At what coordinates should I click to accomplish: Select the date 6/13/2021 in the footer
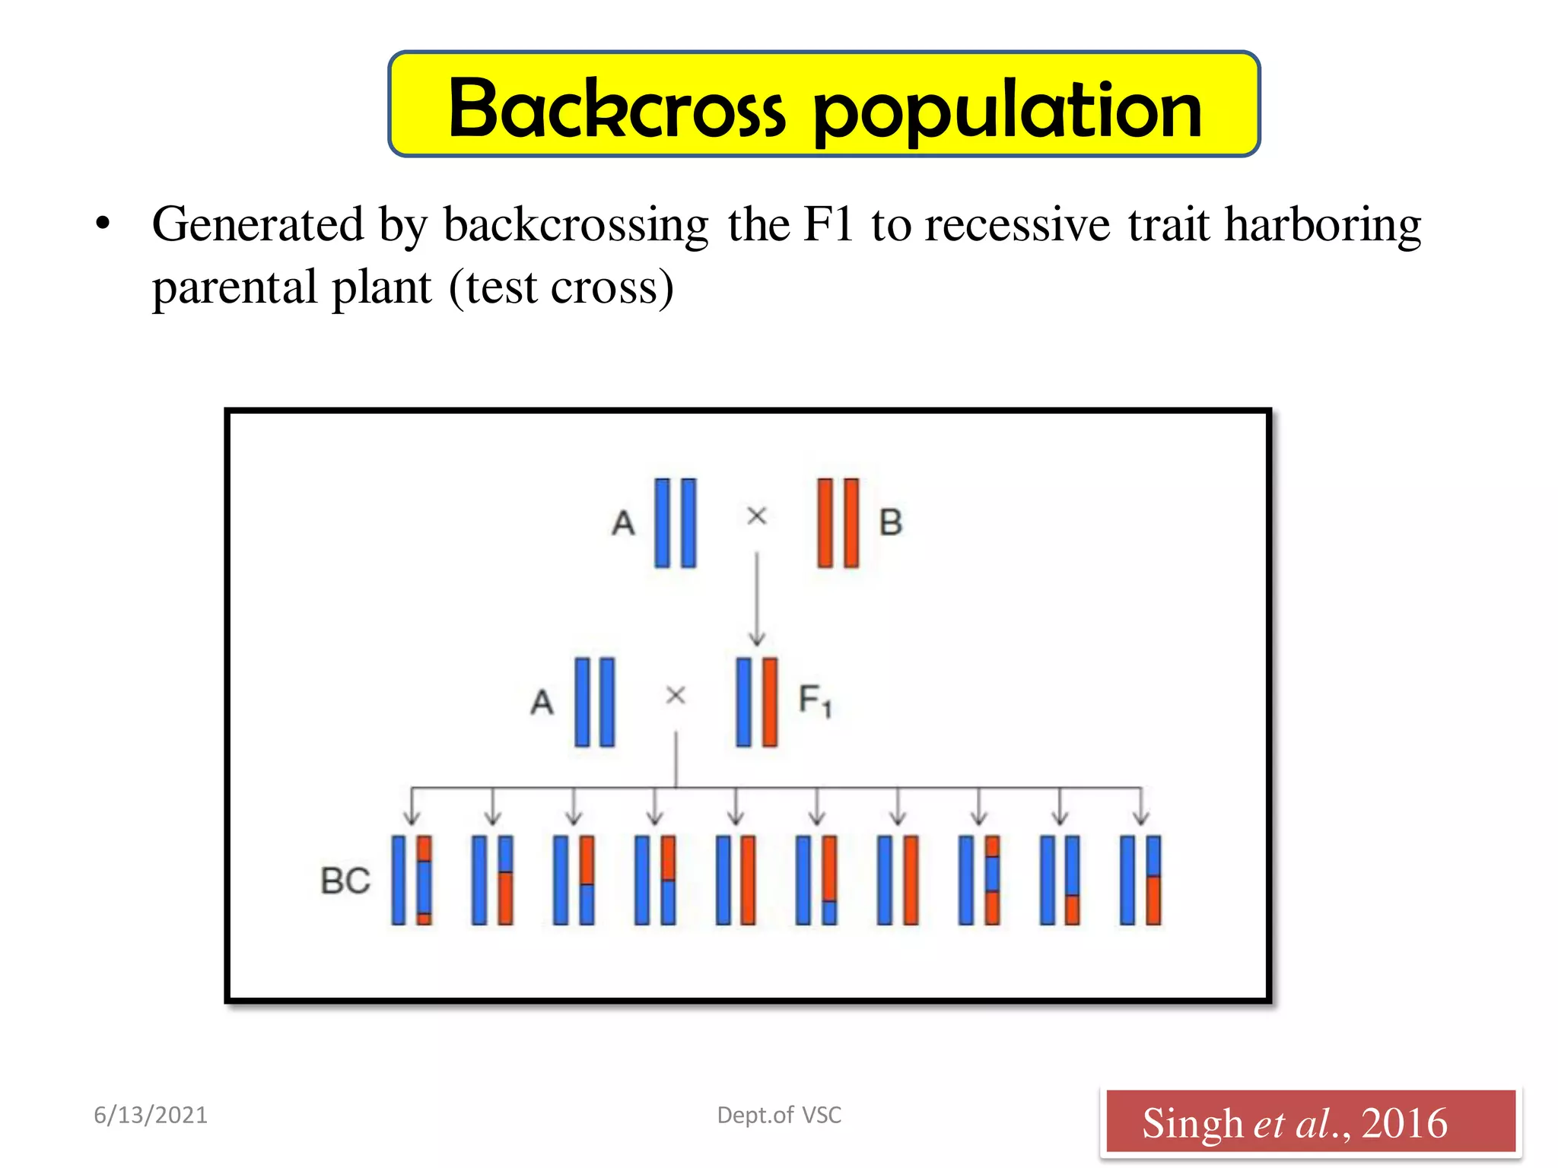click(x=151, y=1115)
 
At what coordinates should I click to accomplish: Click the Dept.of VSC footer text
click(x=779, y=1115)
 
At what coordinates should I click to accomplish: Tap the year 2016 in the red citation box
click(x=1404, y=1123)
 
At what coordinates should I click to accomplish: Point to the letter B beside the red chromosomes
click(x=891, y=523)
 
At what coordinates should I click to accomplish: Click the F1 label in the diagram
click(x=815, y=700)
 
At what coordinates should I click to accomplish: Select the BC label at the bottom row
click(x=345, y=881)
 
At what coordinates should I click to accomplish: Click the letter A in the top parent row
click(x=623, y=523)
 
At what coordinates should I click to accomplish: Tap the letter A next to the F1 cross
click(x=542, y=702)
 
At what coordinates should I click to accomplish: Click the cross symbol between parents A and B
click(x=756, y=516)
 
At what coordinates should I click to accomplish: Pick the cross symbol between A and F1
click(x=676, y=695)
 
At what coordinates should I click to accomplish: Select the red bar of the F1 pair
click(x=770, y=702)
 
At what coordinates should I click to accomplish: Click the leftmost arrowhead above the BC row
click(x=412, y=817)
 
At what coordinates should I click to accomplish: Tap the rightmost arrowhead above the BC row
click(x=1140, y=817)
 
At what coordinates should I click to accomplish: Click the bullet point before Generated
click(x=103, y=225)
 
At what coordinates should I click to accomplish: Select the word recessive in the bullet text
click(x=1017, y=225)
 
